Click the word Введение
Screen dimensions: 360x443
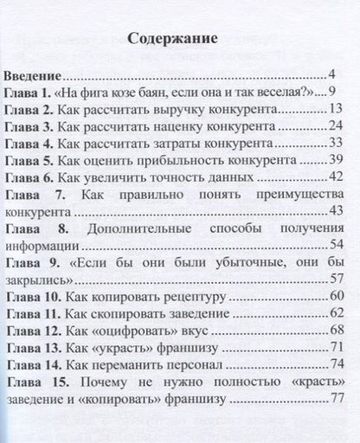pos(35,74)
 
